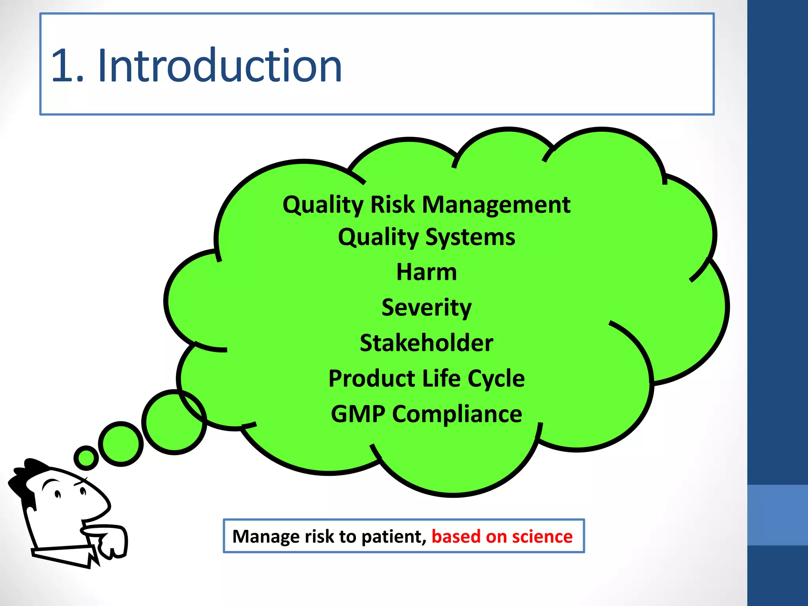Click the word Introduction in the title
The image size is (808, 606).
pos(219,65)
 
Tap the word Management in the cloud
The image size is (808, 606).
pos(496,205)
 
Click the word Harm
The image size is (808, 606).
pos(426,272)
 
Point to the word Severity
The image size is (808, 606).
pos(426,308)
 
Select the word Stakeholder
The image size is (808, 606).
pos(426,343)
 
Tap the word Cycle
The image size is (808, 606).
pos(496,379)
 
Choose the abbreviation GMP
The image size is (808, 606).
pos(358,414)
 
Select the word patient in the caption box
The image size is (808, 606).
pos(393,537)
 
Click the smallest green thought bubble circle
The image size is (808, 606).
pos(86,458)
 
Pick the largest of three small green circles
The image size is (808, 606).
pos(174,422)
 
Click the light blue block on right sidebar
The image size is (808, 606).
pos(777,515)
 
